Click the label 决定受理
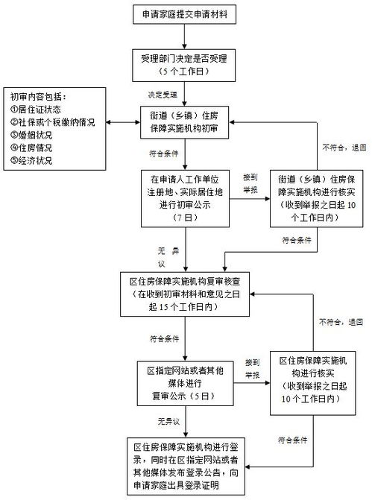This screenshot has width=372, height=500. [163, 95]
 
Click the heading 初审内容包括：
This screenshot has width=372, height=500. [39, 96]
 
